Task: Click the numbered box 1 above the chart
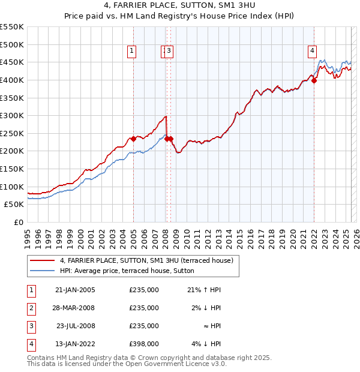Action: pyautogui.click(x=131, y=52)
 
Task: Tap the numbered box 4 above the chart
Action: pyautogui.click(x=313, y=52)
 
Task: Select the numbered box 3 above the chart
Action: pyautogui.click(x=170, y=52)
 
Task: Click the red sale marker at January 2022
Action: pyautogui.click(x=314, y=80)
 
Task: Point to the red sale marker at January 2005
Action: pyautogui.click(x=133, y=139)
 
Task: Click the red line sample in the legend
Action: pyautogui.click(x=43, y=260)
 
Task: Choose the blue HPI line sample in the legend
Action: pyautogui.click(x=43, y=271)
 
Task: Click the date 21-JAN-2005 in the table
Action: pyautogui.click(x=75, y=290)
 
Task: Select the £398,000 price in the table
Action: pyautogui.click(x=144, y=344)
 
